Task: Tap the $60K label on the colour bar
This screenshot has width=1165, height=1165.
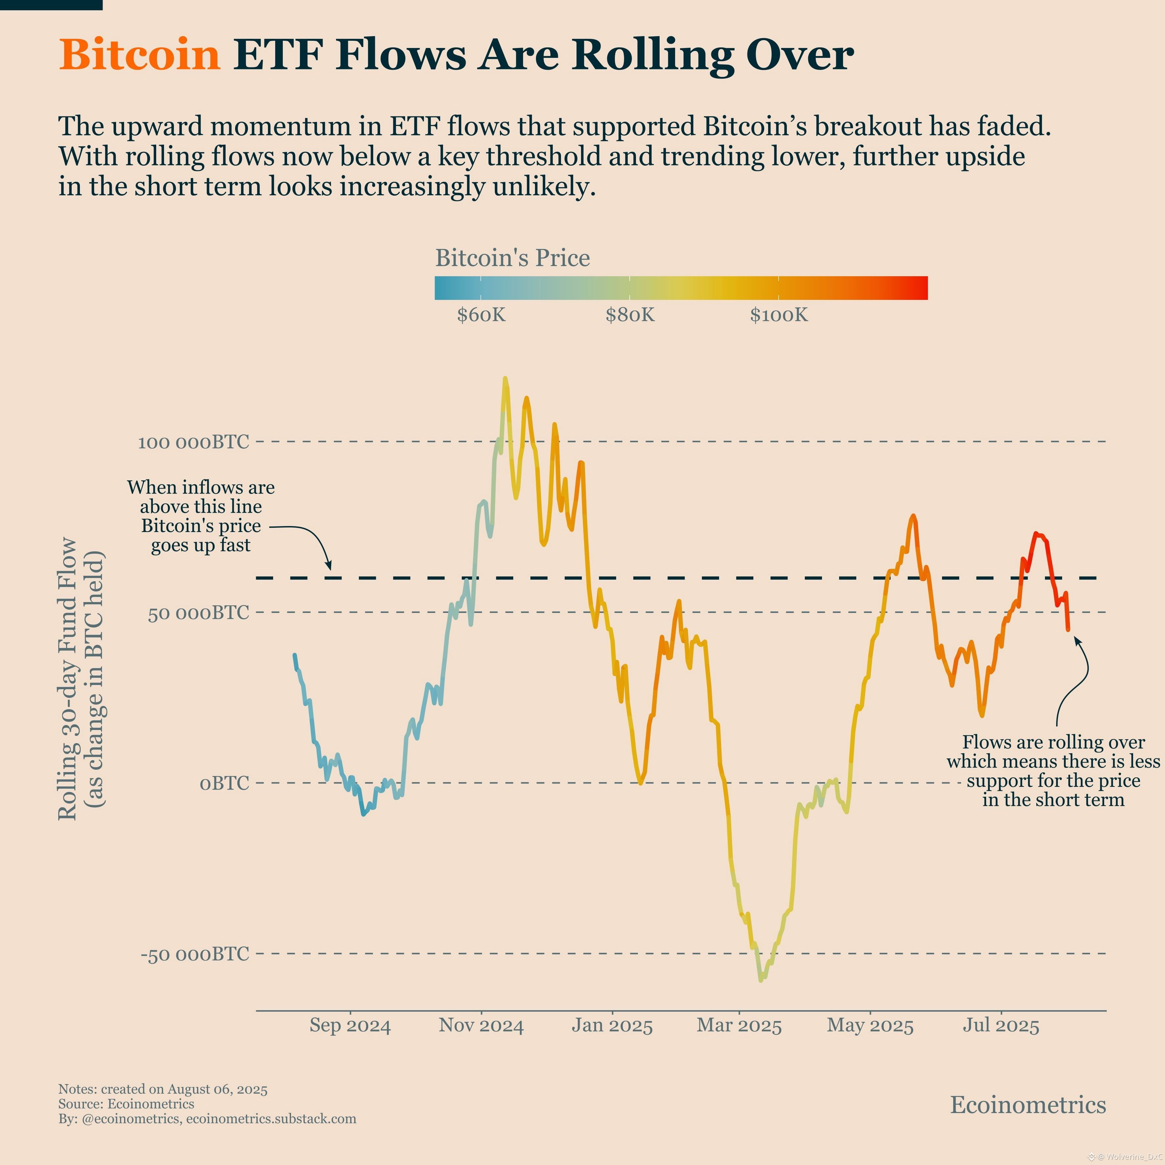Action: (481, 315)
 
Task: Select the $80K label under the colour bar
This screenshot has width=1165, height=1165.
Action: (630, 315)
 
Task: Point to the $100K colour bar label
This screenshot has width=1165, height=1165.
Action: (779, 315)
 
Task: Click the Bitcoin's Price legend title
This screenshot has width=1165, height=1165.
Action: (513, 258)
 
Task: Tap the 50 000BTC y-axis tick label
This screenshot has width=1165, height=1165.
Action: (198, 613)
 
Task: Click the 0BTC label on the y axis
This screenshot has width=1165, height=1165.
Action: (224, 783)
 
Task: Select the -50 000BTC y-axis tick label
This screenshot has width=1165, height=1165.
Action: (195, 954)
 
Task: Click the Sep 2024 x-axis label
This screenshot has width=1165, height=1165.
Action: (350, 1026)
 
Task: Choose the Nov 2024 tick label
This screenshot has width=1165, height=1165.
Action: (481, 1026)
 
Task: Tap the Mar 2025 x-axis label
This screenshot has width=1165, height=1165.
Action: (739, 1026)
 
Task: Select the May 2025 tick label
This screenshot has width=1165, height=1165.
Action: (870, 1026)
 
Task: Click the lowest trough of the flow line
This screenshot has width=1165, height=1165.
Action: (760, 981)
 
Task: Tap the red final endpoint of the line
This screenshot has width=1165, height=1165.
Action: (1068, 630)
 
